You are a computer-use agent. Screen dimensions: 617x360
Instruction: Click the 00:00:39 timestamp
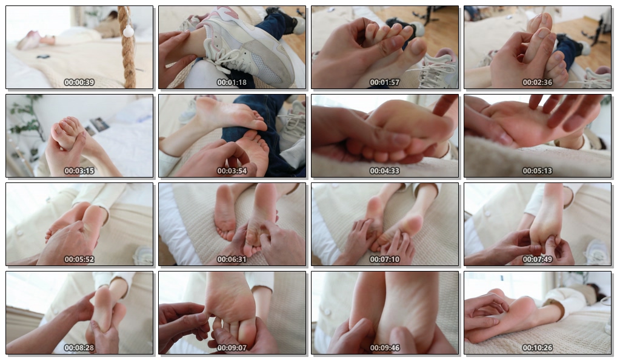[x=79, y=82]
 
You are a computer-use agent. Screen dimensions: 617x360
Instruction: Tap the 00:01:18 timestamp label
[x=232, y=82]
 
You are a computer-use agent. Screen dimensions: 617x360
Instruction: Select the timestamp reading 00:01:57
[x=384, y=82]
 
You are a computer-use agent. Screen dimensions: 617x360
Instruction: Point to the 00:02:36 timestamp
[x=537, y=82]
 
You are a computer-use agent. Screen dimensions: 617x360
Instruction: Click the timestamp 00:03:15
[x=79, y=171]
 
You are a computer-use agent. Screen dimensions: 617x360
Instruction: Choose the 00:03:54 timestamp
[x=232, y=171]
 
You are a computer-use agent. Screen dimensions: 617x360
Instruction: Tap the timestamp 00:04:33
[x=384, y=171]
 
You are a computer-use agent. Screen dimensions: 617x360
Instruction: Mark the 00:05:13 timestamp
[x=537, y=171]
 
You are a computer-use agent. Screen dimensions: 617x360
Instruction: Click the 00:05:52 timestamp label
[x=79, y=259]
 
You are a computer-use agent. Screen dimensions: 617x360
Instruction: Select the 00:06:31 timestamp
[x=232, y=259]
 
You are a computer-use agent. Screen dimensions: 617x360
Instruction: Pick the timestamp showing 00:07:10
[x=384, y=259]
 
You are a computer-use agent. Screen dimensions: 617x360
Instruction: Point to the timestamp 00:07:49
[x=537, y=259]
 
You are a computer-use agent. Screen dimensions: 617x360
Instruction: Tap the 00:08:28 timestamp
[x=79, y=348]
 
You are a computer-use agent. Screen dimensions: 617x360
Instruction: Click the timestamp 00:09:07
[x=232, y=348]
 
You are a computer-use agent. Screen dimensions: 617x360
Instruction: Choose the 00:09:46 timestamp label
[x=384, y=348]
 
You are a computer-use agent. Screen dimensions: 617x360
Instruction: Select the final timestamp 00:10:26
[x=537, y=348]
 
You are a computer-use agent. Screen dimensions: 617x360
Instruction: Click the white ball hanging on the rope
[x=128, y=32]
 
